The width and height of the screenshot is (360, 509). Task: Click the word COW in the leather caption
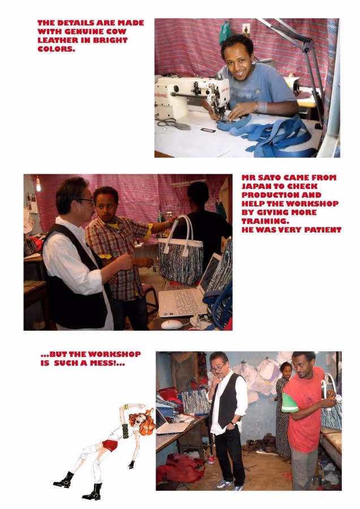[x=116, y=32]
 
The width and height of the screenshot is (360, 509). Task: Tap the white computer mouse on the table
[x=172, y=324]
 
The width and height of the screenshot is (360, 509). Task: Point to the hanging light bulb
[x=38, y=184]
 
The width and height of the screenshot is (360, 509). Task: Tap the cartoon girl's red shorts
[x=110, y=446]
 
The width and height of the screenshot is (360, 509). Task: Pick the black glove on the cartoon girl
[x=131, y=464]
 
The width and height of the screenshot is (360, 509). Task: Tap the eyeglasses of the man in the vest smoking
[x=218, y=368]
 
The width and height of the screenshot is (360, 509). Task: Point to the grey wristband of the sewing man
[x=262, y=107]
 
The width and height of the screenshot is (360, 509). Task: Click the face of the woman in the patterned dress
[x=286, y=370]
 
